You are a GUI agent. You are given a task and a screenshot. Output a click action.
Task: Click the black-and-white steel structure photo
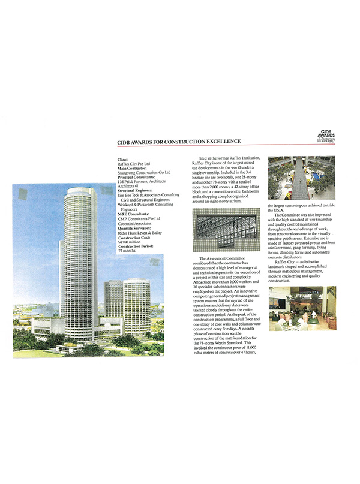pos(225,229)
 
